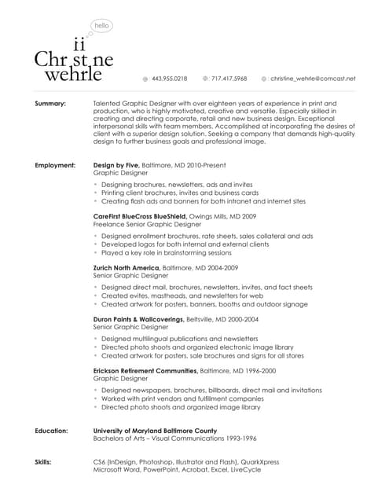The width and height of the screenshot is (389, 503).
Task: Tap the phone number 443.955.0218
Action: click(170, 79)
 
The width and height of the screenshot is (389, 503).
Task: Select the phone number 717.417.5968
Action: click(229, 79)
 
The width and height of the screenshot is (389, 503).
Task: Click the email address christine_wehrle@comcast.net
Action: click(314, 79)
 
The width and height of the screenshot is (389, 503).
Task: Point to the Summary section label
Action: click(50, 104)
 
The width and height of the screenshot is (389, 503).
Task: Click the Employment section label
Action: click(55, 166)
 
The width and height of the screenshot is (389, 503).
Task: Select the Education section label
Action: click(52, 431)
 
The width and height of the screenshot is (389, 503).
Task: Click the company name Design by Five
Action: click(116, 166)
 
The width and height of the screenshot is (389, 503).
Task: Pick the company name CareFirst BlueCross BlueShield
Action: click(140, 215)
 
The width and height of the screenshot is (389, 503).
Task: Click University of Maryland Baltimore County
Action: click(155, 431)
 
